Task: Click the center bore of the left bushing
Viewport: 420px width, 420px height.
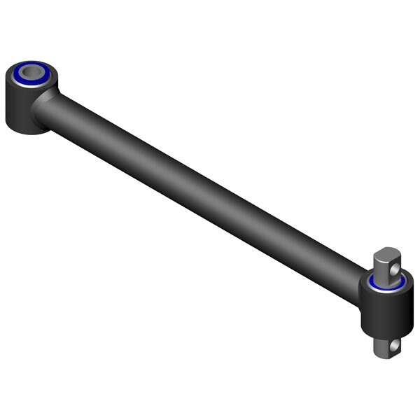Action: point(32,71)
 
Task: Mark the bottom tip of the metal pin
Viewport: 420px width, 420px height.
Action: point(384,356)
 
